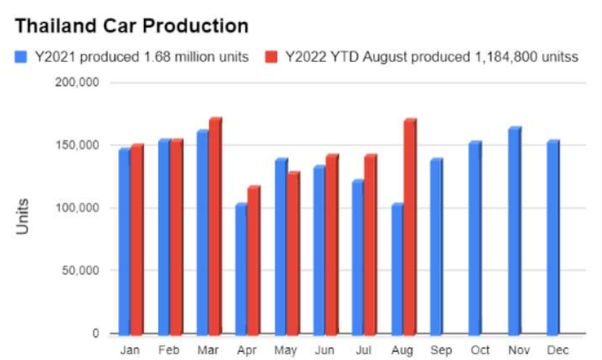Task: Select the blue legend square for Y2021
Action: point(20,57)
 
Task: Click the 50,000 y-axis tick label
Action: point(81,271)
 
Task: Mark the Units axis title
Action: point(23,215)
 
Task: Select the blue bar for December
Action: point(553,237)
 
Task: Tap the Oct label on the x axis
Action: point(476,349)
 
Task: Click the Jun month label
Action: point(326,349)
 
